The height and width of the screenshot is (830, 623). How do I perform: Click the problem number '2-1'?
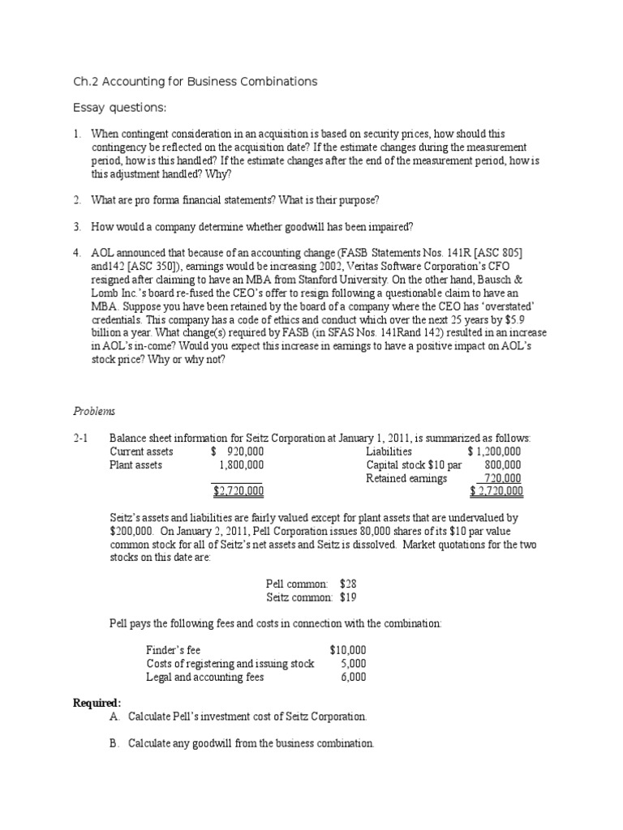click(79, 439)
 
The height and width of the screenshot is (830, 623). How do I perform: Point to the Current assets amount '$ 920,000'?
click(237, 451)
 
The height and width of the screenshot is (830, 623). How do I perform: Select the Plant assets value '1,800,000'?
click(241, 465)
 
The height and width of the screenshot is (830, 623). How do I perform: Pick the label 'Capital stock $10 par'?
click(414, 465)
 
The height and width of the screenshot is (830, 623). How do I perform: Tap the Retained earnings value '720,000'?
click(502, 478)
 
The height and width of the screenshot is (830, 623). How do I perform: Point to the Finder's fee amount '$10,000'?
click(348, 650)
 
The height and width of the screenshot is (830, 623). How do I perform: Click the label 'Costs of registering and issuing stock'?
click(230, 663)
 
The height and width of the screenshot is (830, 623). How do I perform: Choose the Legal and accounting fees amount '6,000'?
click(353, 677)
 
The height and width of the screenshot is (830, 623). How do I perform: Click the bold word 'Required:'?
click(97, 702)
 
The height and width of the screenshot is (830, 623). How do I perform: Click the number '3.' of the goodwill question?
click(77, 226)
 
